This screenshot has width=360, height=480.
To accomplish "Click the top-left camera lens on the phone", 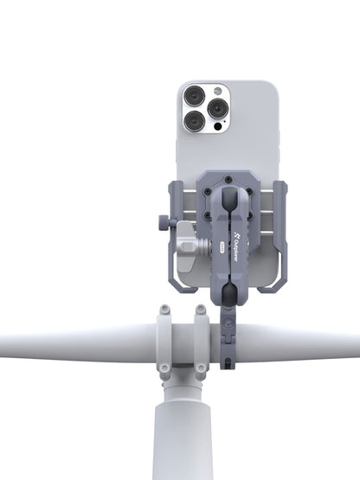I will pyautogui.click(x=195, y=95).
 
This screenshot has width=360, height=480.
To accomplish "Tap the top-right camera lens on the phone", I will pyautogui.click(x=217, y=107).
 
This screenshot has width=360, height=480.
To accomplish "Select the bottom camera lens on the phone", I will pyautogui.click(x=195, y=121).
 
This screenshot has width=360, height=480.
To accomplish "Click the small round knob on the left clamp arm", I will pyautogui.click(x=164, y=224).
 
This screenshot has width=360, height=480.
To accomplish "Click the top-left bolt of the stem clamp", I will pyautogui.click(x=164, y=308).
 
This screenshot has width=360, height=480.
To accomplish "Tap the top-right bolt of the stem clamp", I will pyautogui.click(x=202, y=308).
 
